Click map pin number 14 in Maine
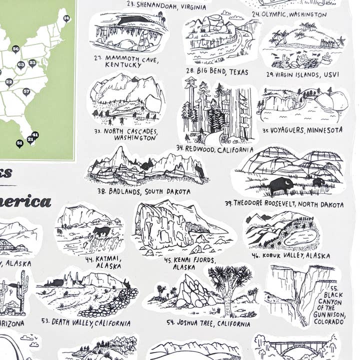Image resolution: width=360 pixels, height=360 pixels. (66, 18)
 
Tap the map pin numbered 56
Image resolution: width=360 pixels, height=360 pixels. (15, 48)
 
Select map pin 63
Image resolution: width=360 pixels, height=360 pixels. (20, 64)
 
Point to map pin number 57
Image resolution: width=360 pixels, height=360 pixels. (26, 91)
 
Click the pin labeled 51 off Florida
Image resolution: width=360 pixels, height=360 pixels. (19, 143)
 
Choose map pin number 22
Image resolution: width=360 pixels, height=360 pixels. (8, 81)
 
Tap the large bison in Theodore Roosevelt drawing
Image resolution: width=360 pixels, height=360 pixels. (280, 185)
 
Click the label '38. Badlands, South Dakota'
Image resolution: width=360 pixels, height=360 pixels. (144, 191)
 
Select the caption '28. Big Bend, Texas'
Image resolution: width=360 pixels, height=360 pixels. (216, 72)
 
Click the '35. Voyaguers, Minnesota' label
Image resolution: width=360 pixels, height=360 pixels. (302, 130)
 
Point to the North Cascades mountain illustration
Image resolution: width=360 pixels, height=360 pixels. (126, 96)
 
